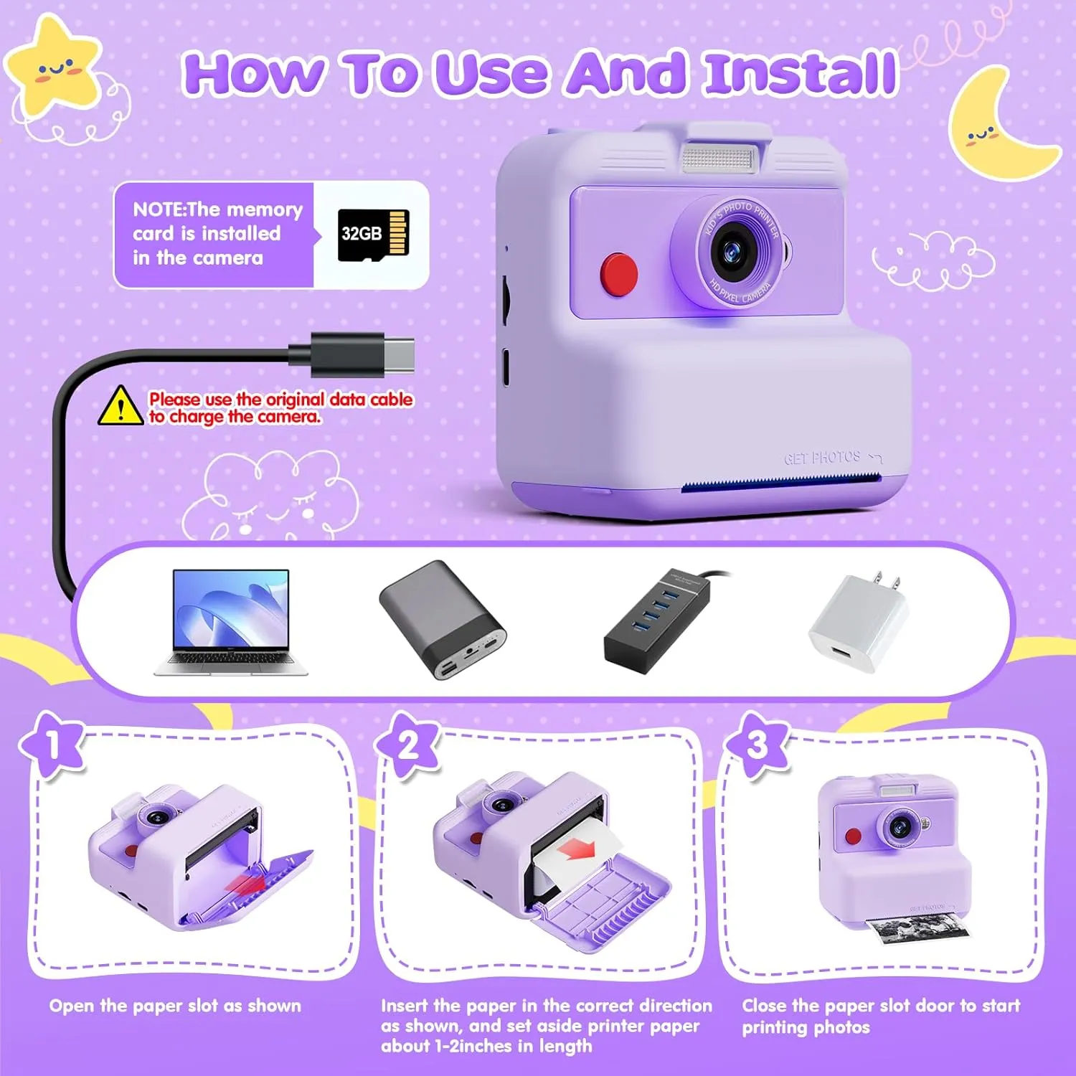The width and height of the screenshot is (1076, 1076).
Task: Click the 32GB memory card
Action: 373,235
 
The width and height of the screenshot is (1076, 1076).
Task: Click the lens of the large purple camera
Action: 731,251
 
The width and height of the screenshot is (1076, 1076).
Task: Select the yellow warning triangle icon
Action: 121,405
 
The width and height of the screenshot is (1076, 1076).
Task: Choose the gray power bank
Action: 443,619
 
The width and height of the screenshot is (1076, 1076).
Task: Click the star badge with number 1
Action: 52,746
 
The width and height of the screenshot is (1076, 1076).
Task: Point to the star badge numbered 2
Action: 407,747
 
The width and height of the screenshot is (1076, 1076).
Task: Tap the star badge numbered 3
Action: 757,746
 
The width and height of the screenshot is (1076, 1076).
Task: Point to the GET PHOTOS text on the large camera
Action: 822,458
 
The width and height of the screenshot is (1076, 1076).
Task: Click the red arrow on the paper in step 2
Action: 578,851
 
